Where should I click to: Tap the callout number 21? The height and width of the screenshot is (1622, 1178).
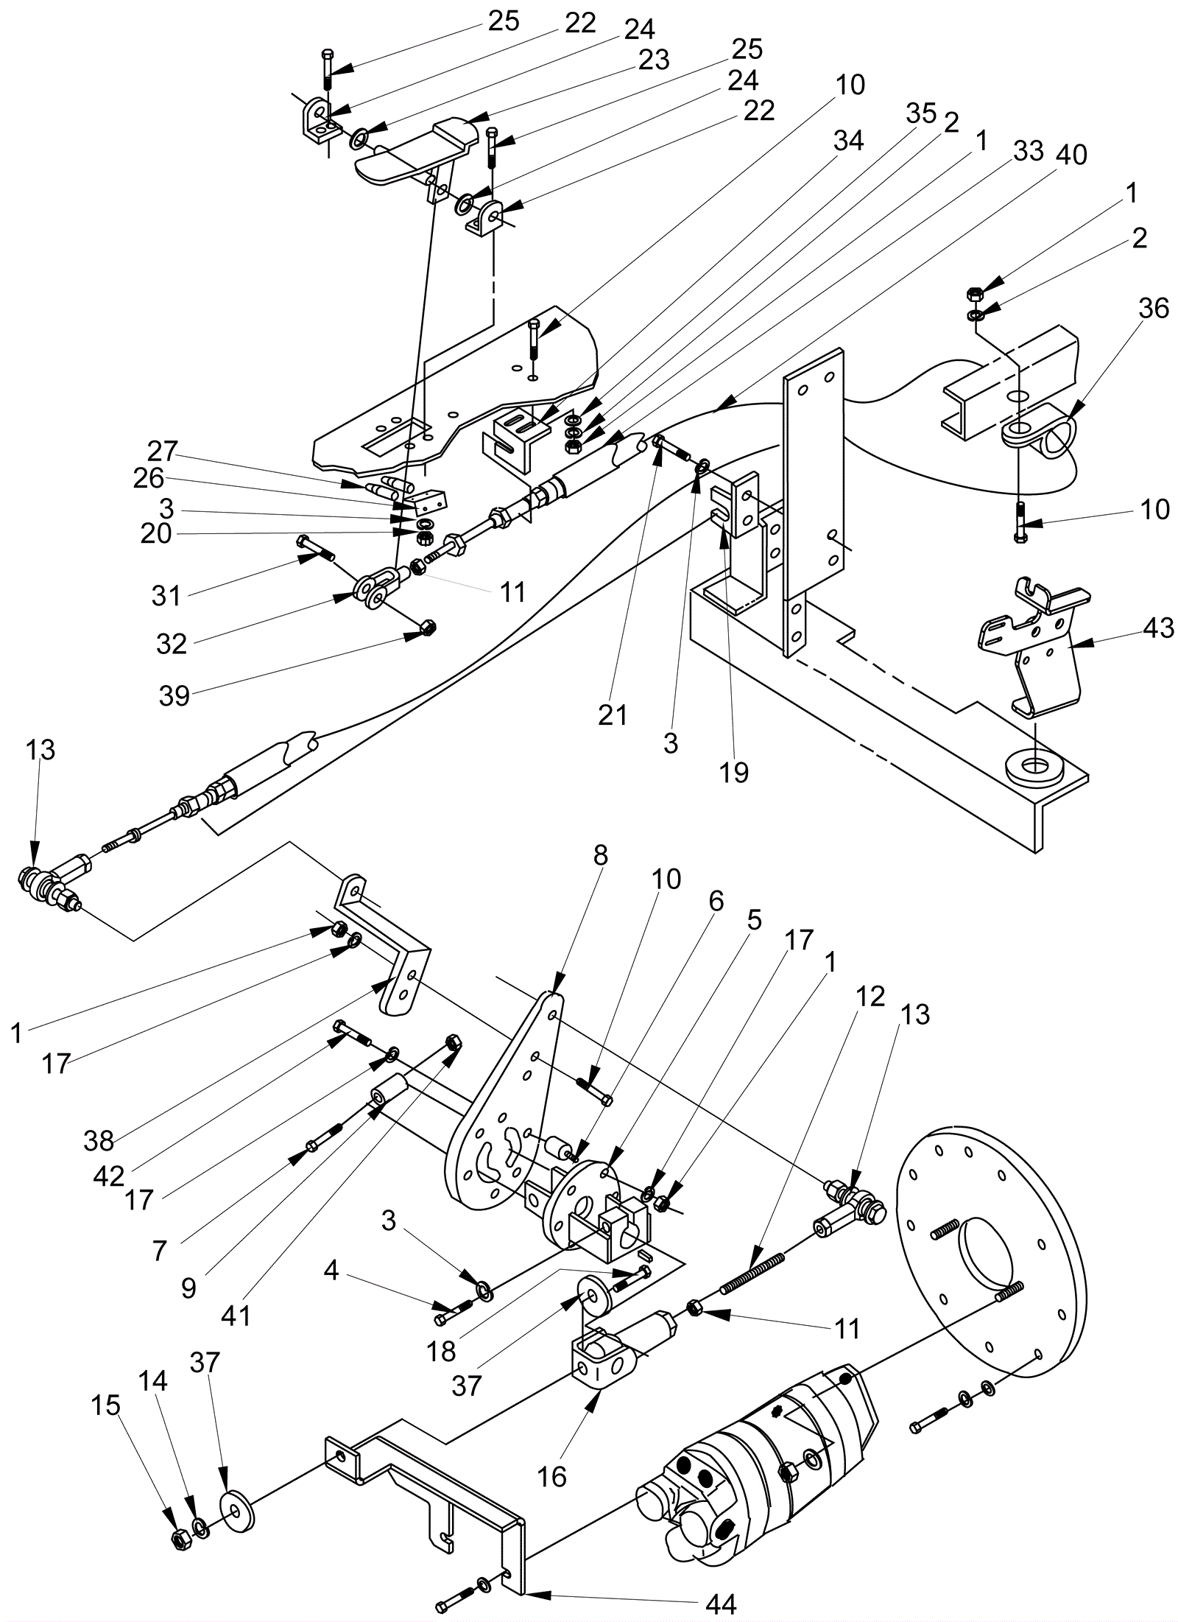coord(613,714)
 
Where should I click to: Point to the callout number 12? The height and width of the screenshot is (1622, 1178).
coord(871,996)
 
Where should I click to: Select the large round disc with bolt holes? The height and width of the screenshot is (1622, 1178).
coord(990,1252)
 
